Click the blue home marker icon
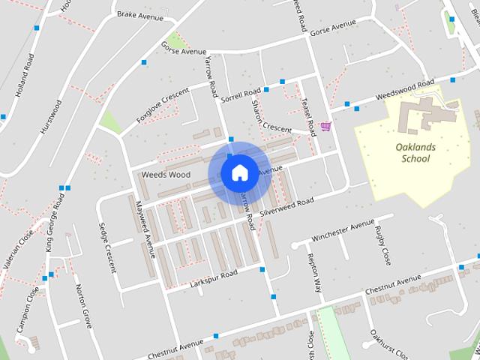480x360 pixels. click(x=239, y=173)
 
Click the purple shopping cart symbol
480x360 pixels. click(x=325, y=126)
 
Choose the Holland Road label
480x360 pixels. click(x=25, y=74)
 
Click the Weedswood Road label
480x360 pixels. click(x=404, y=90)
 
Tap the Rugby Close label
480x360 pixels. click(x=383, y=247)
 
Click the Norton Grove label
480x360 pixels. click(x=82, y=306)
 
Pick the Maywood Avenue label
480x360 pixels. click(x=145, y=229)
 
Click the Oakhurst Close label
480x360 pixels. click(x=388, y=343)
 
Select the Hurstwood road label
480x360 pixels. click(x=52, y=113)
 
